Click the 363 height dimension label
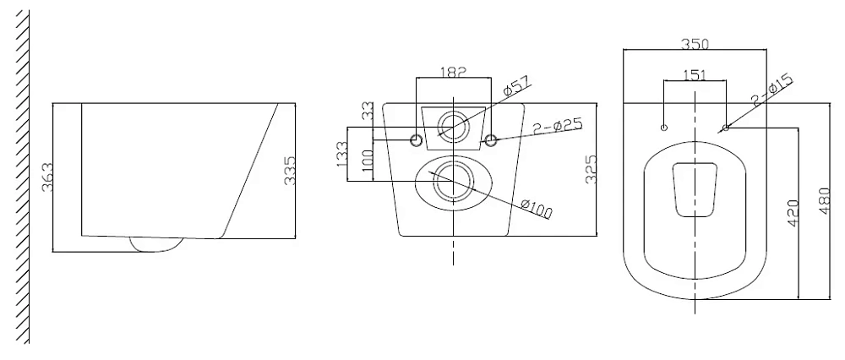pos(48,177)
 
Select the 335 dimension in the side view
pos(290,171)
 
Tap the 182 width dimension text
pos(453,72)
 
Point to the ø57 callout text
pos(516,86)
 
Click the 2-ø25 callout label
pos(558,128)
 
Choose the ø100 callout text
pos(537,209)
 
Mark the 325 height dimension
pos(591,169)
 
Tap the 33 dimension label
pos(368,112)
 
